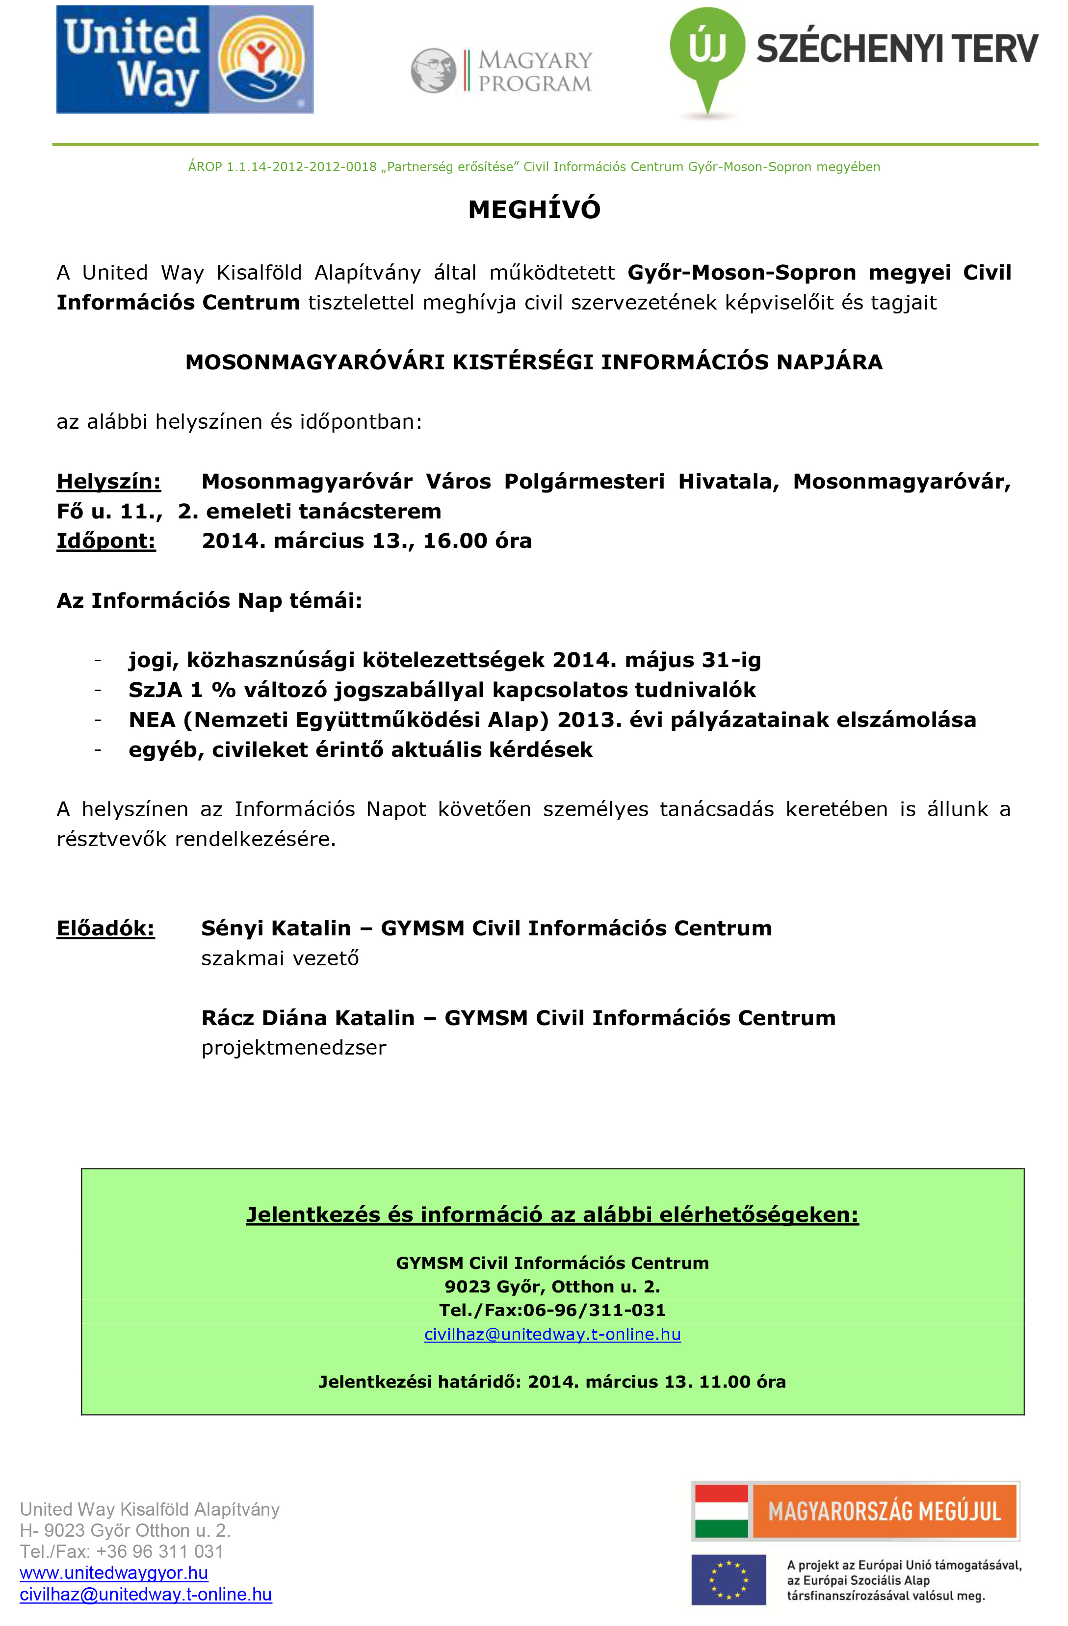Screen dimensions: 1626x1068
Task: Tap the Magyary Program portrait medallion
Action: click(433, 70)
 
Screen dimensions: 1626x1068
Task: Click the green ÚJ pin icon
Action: click(707, 51)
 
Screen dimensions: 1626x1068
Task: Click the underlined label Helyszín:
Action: click(108, 482)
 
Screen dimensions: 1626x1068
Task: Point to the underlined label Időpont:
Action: click(106, 541)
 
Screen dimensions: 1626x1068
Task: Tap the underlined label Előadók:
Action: click(105, 929)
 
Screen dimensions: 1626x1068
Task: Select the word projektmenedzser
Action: click(294, 1048)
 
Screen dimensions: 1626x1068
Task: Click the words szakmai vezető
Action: click(280, 958)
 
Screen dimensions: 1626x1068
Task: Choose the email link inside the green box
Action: click(552, 1334)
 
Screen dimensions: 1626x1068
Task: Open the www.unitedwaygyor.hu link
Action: click(113, 1573)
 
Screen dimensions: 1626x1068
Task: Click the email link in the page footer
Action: click(146, 1595)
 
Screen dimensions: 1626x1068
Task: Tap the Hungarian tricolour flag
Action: click(721, 1512)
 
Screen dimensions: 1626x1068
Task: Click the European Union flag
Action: click(729, 1581)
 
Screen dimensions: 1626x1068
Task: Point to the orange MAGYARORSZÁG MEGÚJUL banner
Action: click(884, 1512)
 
